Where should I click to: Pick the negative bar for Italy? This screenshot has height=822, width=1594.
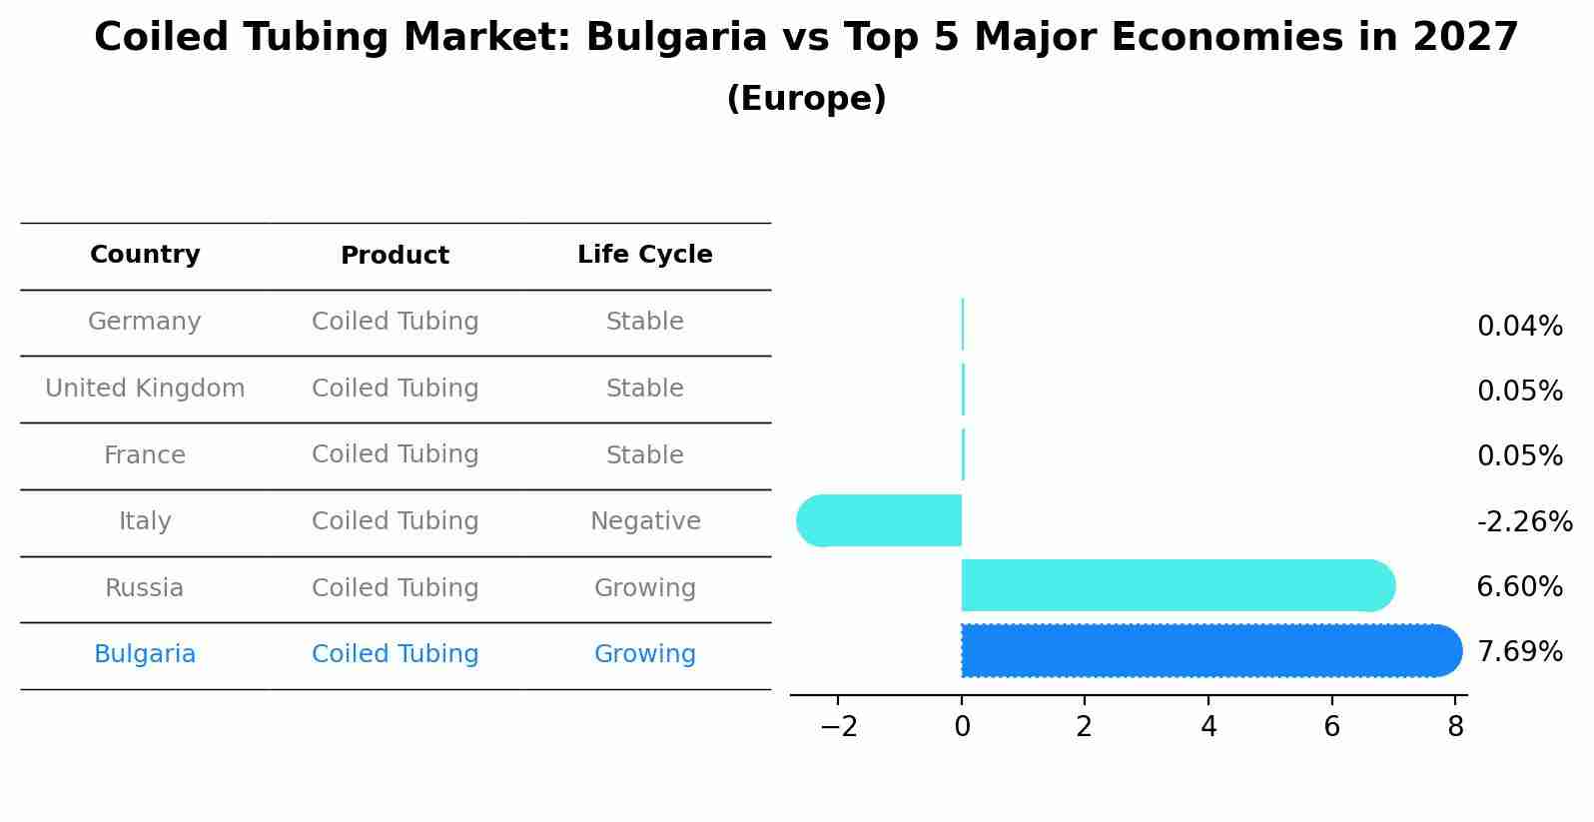880,520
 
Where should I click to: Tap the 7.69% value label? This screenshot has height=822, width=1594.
1519,652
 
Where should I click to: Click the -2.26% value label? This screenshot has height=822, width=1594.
1524,521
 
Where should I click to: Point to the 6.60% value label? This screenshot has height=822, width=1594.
1519,586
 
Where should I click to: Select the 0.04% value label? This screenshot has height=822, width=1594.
1519,326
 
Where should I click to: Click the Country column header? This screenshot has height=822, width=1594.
145,255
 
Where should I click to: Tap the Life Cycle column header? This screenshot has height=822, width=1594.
644,255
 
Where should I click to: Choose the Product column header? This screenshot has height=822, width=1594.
395,256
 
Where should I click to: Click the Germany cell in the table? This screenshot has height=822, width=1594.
145,322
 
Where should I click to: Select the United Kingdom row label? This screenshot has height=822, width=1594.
145,389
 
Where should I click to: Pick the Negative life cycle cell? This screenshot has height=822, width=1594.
645,521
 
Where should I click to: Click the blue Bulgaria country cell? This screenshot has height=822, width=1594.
145,654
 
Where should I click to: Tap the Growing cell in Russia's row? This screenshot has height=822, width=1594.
644,588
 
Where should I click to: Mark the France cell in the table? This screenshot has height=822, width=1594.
145,455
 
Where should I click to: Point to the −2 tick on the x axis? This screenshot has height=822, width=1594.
839,727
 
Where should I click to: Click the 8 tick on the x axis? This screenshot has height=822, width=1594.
1455,727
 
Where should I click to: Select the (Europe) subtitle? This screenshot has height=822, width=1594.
806,99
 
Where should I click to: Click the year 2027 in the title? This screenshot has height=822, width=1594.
1465,38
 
